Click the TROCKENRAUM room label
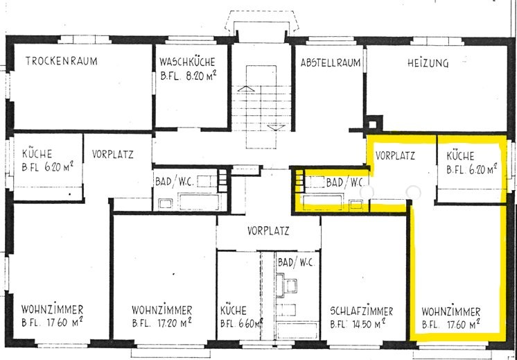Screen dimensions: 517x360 [61, 61]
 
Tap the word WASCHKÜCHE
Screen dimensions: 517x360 [187, 62]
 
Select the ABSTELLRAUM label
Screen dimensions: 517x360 [331, 62]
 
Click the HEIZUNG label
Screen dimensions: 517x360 [428, 62]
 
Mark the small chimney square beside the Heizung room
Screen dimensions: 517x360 [372, 124]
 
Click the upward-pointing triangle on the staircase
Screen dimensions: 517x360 [246, 88]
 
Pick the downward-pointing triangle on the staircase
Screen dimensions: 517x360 [276, 128]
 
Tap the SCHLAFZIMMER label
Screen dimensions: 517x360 [362, 311]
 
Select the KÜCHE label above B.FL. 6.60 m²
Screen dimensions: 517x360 [234, 311]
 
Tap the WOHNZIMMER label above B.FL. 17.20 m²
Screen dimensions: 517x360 [162, 310]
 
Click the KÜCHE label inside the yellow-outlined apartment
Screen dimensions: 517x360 [460, 156]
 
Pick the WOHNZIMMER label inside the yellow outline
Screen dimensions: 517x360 [451, 311]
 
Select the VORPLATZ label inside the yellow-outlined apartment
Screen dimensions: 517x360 [395, 155]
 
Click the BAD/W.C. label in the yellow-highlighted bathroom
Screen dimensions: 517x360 [345, 182]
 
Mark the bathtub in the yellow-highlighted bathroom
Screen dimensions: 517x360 [323, 202]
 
